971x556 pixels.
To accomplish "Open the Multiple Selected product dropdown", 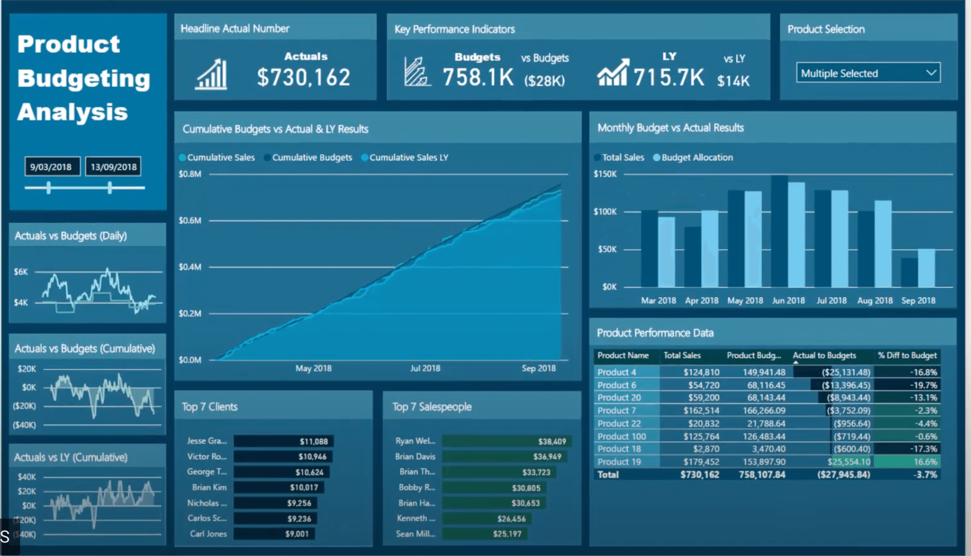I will pos(868,73).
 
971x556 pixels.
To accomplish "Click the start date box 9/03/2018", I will pos(51,167).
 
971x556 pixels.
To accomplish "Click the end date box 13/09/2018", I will pos(113,167).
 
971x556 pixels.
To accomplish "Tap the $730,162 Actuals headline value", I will pos(303,77).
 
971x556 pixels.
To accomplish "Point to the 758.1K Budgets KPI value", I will pos(478,77).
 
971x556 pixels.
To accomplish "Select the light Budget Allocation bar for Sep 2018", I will pos(926,268).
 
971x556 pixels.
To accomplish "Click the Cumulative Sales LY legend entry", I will pos(408,158).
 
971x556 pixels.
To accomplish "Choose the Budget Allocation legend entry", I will pos(696,158).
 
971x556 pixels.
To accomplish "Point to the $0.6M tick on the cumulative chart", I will pos(190,221).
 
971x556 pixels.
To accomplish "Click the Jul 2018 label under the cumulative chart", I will pos(425,369).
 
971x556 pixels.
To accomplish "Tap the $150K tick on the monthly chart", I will pos(605,174).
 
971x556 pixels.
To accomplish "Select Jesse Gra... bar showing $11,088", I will pos(284,441).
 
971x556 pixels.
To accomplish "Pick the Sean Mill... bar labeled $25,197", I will pos(485,534).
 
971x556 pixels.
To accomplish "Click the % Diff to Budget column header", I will pos(907,355).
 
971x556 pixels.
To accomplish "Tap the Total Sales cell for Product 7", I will pos(701,411).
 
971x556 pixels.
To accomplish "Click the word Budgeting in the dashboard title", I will pos(84,79).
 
